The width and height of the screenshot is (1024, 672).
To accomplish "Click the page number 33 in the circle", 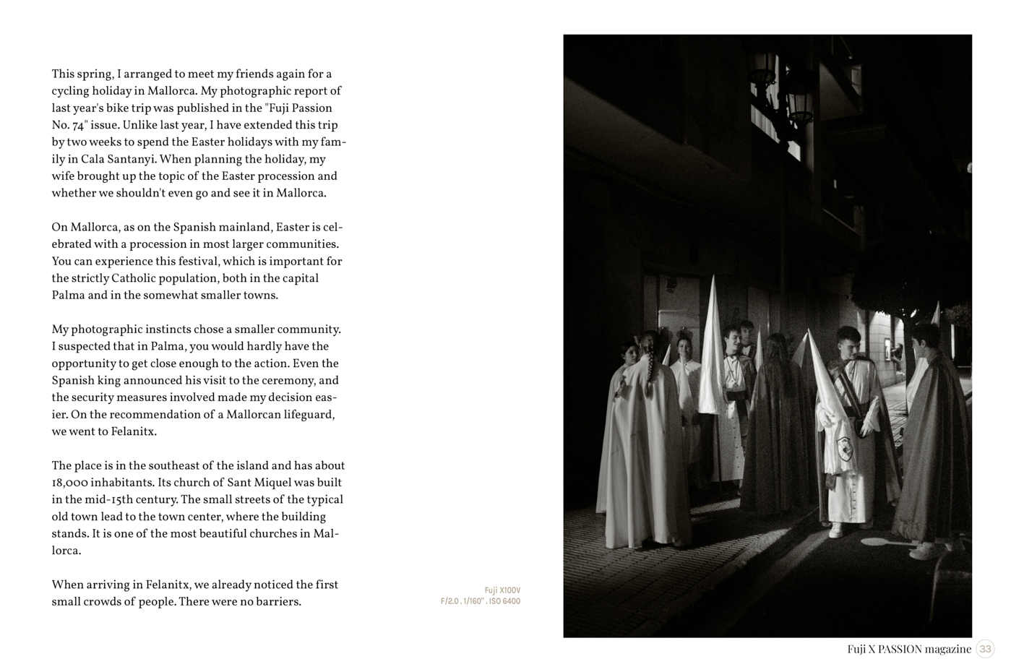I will point(985,649).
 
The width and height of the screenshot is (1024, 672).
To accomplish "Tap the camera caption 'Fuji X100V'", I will point(502,590).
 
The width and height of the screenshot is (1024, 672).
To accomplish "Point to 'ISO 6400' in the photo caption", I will point(504,601).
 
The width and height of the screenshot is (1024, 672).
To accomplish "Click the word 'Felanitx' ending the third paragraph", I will point(133,431).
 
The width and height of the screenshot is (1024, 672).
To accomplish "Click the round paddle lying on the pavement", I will point(877,540).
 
